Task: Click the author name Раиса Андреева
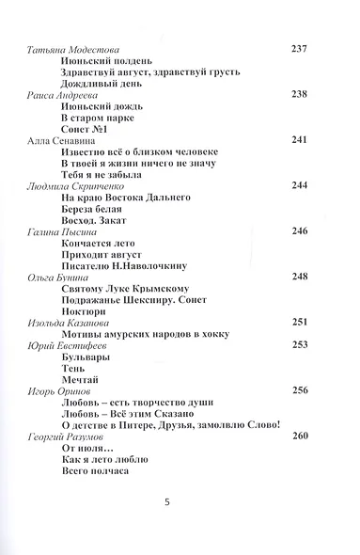click(58, 95)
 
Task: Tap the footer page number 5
click(166, 529)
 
